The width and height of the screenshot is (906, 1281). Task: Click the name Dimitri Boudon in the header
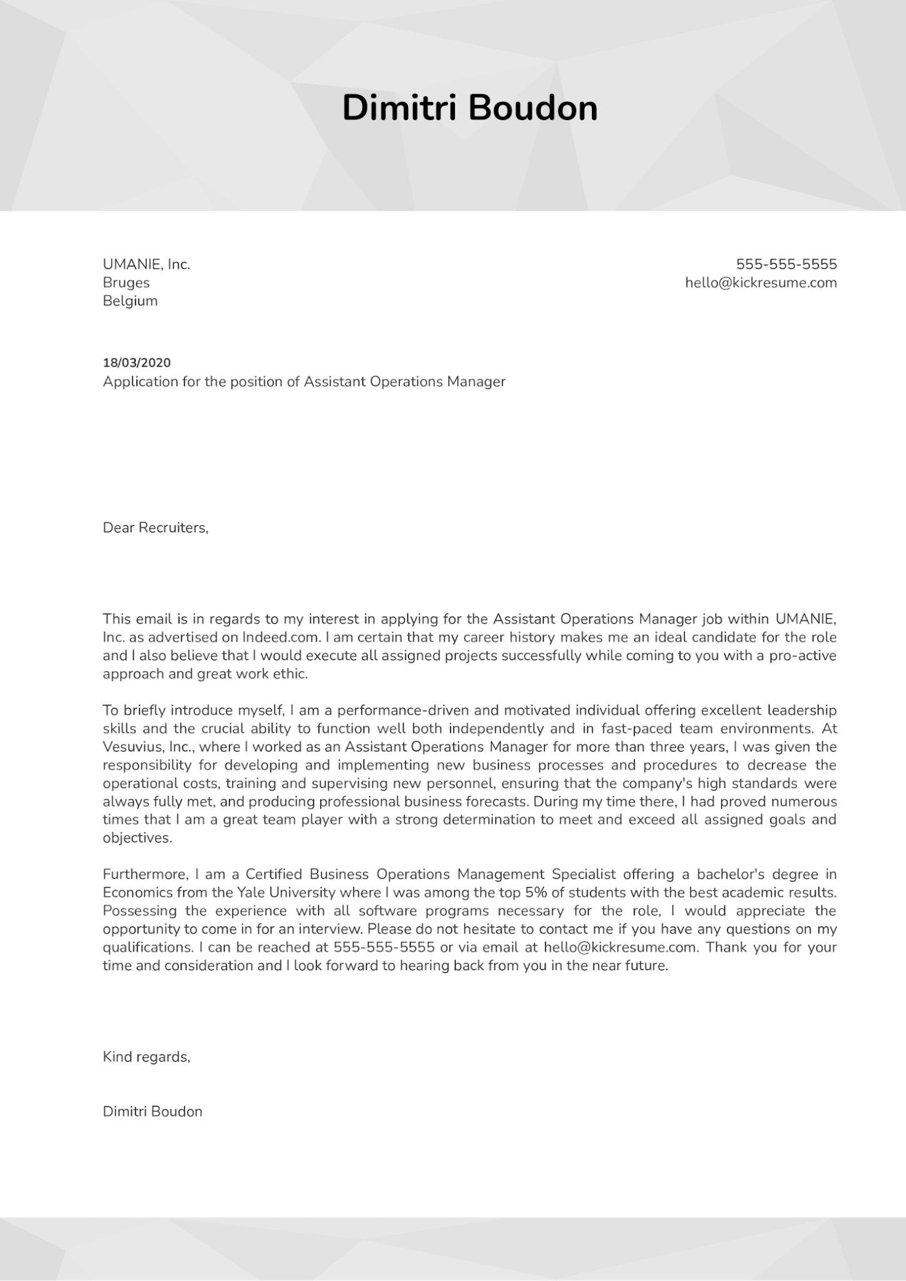point(470,108)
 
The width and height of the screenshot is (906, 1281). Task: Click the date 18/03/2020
point(136,363)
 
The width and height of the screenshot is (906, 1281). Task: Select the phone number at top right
point(786,264)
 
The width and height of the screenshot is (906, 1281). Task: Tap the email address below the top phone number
point(761,283)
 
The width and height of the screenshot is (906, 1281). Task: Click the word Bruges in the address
point(126,283)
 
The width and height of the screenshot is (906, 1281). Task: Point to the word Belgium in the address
point(130,301)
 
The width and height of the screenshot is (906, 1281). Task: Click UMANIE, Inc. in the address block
point(146,265)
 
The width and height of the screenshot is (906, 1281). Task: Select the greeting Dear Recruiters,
point(155,528)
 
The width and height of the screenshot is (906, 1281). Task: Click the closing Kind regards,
point(146,1057)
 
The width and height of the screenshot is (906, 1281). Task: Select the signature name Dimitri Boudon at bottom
point(153,1111)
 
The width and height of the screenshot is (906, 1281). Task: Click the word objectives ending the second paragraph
point(136,838)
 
